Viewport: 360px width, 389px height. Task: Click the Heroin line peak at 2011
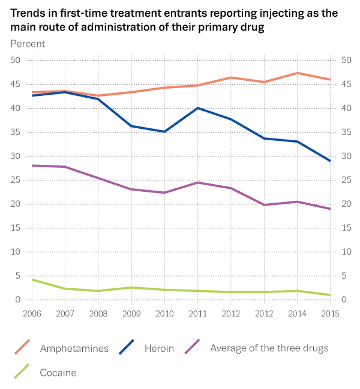coord(197,108)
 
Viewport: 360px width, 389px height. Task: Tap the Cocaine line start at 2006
coord(32,280)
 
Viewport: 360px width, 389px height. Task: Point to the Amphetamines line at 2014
coord(296,73)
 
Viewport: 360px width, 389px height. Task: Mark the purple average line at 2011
coord(197,182)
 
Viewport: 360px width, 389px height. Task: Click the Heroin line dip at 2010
coord(164,131)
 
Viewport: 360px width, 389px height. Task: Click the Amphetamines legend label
coord(74,348)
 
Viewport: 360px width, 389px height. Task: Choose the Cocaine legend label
coord(58,373)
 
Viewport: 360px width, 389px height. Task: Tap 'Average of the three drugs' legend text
coord(269,348)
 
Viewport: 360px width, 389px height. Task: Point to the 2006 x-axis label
coord(32,313)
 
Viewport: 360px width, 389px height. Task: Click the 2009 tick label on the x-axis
coord(131,313)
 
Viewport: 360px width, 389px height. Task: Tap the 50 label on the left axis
coord(16,60)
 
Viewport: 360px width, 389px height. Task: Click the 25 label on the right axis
coord(345,180)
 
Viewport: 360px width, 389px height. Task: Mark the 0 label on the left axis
coord(19,300)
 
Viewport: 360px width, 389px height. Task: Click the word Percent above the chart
coord(28,43)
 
